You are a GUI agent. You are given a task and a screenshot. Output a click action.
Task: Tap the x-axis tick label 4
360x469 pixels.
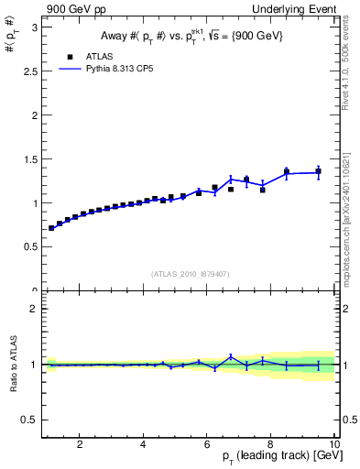143,446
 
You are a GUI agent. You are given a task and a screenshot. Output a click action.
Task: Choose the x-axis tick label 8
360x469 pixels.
271,446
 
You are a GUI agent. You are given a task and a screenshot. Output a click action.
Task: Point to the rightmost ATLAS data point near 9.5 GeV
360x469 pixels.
319,171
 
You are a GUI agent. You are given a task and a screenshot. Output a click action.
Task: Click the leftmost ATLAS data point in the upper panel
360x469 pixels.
51,228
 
